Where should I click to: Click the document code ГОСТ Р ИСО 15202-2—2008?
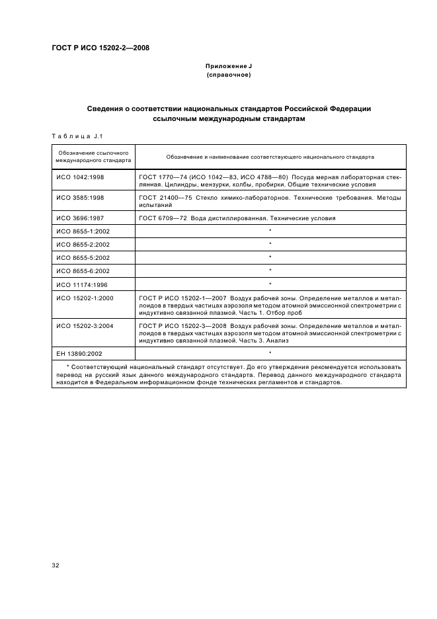click(100, 48)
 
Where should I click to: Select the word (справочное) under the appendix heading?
click(229, 75)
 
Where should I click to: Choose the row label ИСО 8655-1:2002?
click(83, 231)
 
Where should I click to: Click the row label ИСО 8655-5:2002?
click(83, 257)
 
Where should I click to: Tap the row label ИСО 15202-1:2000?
click(85, 298)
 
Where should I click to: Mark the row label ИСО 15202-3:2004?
click(85, 326)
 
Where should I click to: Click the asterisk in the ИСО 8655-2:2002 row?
click(270, 245)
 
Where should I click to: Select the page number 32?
click(56, 566)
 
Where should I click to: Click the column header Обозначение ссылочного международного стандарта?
click(93, 157)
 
